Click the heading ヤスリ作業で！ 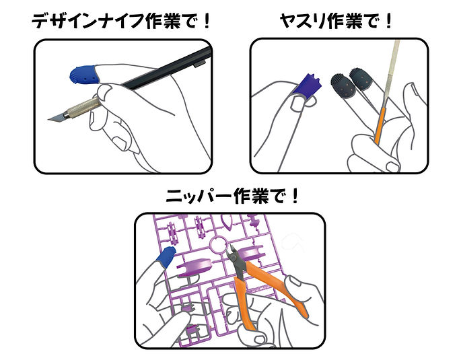(x=336, y=21)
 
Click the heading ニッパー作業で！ (x=232, y=196)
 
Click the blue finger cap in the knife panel (x=83, y=74)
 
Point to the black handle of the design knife (x=167, y=68)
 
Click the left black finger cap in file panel (x=343, y=85)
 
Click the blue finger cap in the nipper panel (x=166, y=257)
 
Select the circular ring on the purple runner (x=218, y=245)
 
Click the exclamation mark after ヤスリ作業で (x=388, y=21)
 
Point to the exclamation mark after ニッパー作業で (x=295, y=196)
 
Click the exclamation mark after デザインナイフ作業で (x=207, y=21)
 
